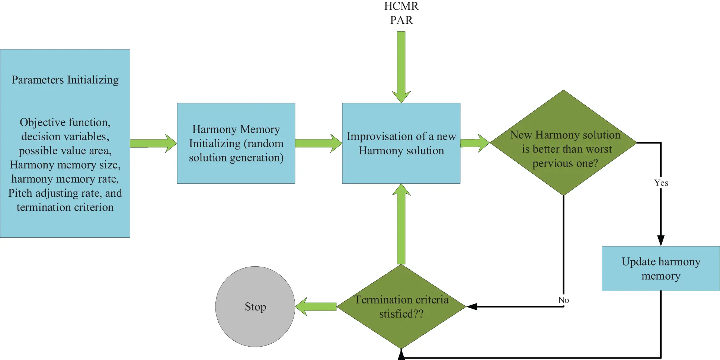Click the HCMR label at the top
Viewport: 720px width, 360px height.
pos(401,6)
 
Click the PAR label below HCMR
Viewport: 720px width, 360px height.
pos(401,20)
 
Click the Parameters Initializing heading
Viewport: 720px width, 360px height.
pos(65,80)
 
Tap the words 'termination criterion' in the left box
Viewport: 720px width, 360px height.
pos(65,207)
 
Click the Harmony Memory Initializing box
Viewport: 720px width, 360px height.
pos(236,143)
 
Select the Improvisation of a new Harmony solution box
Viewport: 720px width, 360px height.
pos(401,143)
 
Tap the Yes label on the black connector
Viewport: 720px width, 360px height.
pos(661,183)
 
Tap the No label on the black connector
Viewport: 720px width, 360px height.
pos(563,300)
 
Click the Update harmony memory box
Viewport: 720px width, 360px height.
pos(660,269)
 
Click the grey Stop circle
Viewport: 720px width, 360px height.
pos(255,307)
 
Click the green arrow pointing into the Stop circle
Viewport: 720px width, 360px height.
pos(316,307)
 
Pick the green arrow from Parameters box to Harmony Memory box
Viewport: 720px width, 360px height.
pos(153,143)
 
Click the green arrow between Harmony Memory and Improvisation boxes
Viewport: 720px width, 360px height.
pos(318,143)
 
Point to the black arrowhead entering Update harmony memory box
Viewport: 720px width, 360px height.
pos(661,241)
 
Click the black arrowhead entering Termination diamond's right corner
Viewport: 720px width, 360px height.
pos(472,307)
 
